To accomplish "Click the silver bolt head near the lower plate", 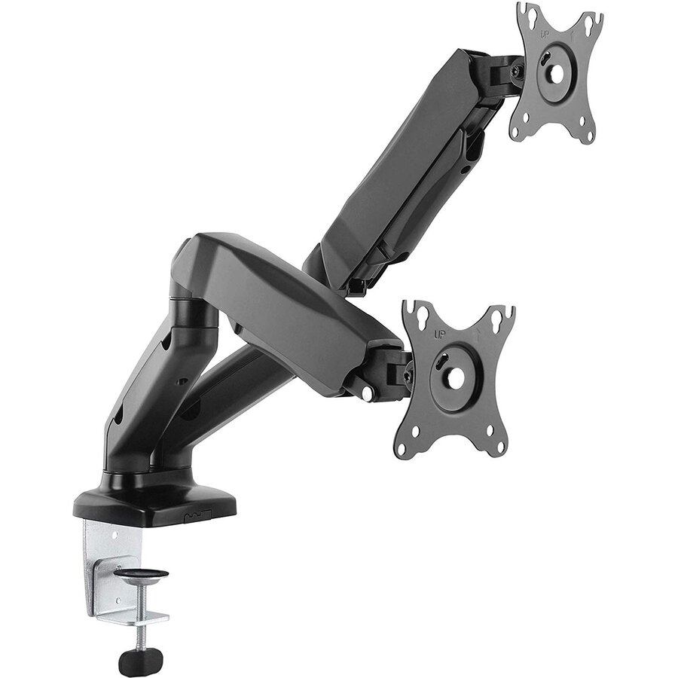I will tap(366, 392).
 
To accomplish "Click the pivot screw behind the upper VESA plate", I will tap(515, 71).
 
